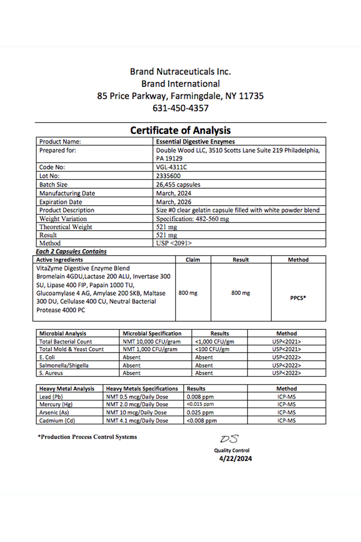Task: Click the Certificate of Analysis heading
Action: point(180,130)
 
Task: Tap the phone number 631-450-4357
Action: point(180,108)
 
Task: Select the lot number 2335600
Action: point(168,176)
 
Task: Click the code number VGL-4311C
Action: point(171,167)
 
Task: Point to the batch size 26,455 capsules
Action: point(178,185)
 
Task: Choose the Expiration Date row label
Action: point(60,202)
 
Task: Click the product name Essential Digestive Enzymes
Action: point(195,142)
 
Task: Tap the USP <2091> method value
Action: point(174,243)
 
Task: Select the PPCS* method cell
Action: point(298,298)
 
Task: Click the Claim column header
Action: point(193,260)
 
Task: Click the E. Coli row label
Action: point(47,357)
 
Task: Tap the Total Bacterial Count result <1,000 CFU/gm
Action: point(214,341)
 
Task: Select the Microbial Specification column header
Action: point(152,333)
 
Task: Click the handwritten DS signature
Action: point(229,439)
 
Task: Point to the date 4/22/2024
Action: point(236,459)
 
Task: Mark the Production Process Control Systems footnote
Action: point(87,437)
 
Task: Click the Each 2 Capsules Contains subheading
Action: point(71,251)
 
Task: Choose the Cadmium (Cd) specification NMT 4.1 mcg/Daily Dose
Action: point(137,421)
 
